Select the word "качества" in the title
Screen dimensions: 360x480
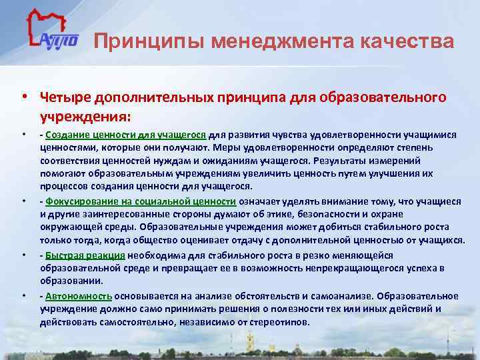413,42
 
